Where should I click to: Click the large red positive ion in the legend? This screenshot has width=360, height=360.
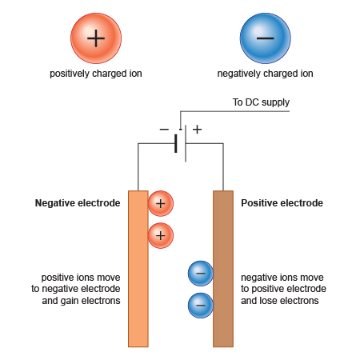coord(95,38)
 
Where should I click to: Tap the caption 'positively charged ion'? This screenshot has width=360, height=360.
coord(95,74)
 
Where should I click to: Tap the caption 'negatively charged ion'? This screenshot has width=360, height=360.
coord(265,74)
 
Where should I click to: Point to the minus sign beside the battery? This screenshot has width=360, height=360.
coord(163,129)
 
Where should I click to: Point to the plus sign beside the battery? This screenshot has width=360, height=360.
coord(197,129)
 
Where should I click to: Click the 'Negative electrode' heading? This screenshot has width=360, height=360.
coord(78,203)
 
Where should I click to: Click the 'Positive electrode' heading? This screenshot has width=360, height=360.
coord(282,203)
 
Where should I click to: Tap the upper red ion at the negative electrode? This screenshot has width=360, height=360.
coord(160,204)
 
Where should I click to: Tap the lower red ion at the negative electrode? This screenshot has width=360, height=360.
coord(160,235)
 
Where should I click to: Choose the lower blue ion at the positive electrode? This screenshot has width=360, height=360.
coord(200,305)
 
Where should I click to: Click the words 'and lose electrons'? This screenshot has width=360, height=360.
coord(280,302)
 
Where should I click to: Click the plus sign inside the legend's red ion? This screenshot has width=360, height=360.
coord(95,38)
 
